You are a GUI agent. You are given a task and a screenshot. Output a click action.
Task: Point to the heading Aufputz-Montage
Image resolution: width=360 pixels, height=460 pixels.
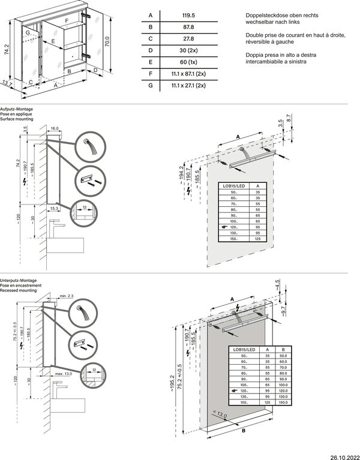16,109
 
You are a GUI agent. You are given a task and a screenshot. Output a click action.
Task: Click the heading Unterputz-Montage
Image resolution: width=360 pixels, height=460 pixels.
19,281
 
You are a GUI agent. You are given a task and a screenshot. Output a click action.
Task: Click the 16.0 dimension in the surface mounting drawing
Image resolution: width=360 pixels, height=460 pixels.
54,129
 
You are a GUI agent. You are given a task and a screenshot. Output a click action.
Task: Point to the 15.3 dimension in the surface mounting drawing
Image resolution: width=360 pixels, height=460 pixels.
54,208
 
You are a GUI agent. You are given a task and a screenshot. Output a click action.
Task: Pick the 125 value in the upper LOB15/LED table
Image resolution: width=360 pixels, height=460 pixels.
257,239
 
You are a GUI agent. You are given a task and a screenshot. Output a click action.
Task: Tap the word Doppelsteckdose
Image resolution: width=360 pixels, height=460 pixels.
265,15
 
